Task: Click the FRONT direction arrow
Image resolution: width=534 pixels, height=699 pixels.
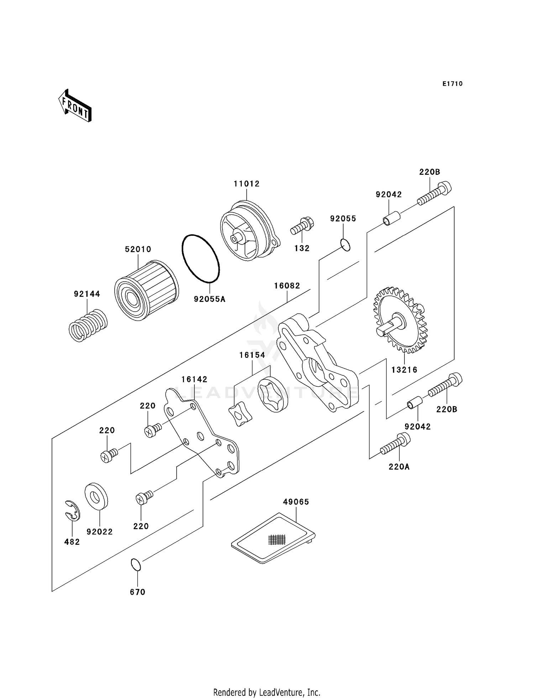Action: pyautogui.click(x=75, y=106)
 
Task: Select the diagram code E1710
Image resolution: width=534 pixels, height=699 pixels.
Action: pyautogui.click(x=452, y=84)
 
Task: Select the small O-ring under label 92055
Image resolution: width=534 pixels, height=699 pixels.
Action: pyautogui.click(x=345, y=245)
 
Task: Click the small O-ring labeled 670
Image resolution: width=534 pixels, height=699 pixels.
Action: pyautogui.click(x=136, y=565)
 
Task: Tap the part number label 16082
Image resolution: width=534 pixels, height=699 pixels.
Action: pyautogui.click(x=287, y=286)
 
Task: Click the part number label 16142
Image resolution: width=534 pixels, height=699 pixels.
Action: pyautogui.click(x=194, y=379)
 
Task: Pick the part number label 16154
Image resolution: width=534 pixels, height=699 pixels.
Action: pyautogui.click(x=252, y=355)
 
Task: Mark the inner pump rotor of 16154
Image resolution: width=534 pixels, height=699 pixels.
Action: pyautogui.click(x=240, y=413)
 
